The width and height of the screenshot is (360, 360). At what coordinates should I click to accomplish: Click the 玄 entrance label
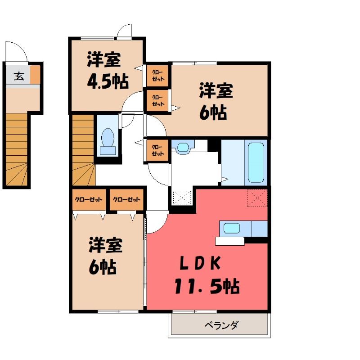19,76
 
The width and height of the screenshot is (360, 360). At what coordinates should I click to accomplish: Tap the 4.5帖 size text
108,81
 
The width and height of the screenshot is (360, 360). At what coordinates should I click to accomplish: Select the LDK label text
200,263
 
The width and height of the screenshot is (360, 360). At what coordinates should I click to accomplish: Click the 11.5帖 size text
207,286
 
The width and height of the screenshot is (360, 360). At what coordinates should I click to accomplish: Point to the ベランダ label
222,325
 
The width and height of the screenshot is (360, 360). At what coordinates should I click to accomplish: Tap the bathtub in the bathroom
256,162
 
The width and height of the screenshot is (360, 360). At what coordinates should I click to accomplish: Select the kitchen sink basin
232,228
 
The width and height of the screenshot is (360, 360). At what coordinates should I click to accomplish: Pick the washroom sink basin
183,147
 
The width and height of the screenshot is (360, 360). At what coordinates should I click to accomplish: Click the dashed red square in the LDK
257,198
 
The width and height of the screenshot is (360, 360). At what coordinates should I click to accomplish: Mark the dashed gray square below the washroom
182,197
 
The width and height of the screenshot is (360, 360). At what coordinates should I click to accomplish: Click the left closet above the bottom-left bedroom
89,199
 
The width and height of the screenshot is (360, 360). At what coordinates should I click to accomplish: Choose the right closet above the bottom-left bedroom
126,199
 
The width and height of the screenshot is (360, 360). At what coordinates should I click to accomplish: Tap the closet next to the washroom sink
157,150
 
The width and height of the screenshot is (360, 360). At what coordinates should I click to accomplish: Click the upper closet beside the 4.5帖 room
157,76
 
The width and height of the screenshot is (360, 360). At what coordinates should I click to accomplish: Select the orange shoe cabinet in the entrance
35,74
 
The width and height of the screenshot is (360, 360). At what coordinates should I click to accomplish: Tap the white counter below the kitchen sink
230,241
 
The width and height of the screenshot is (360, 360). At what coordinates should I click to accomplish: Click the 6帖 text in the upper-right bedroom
213,113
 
